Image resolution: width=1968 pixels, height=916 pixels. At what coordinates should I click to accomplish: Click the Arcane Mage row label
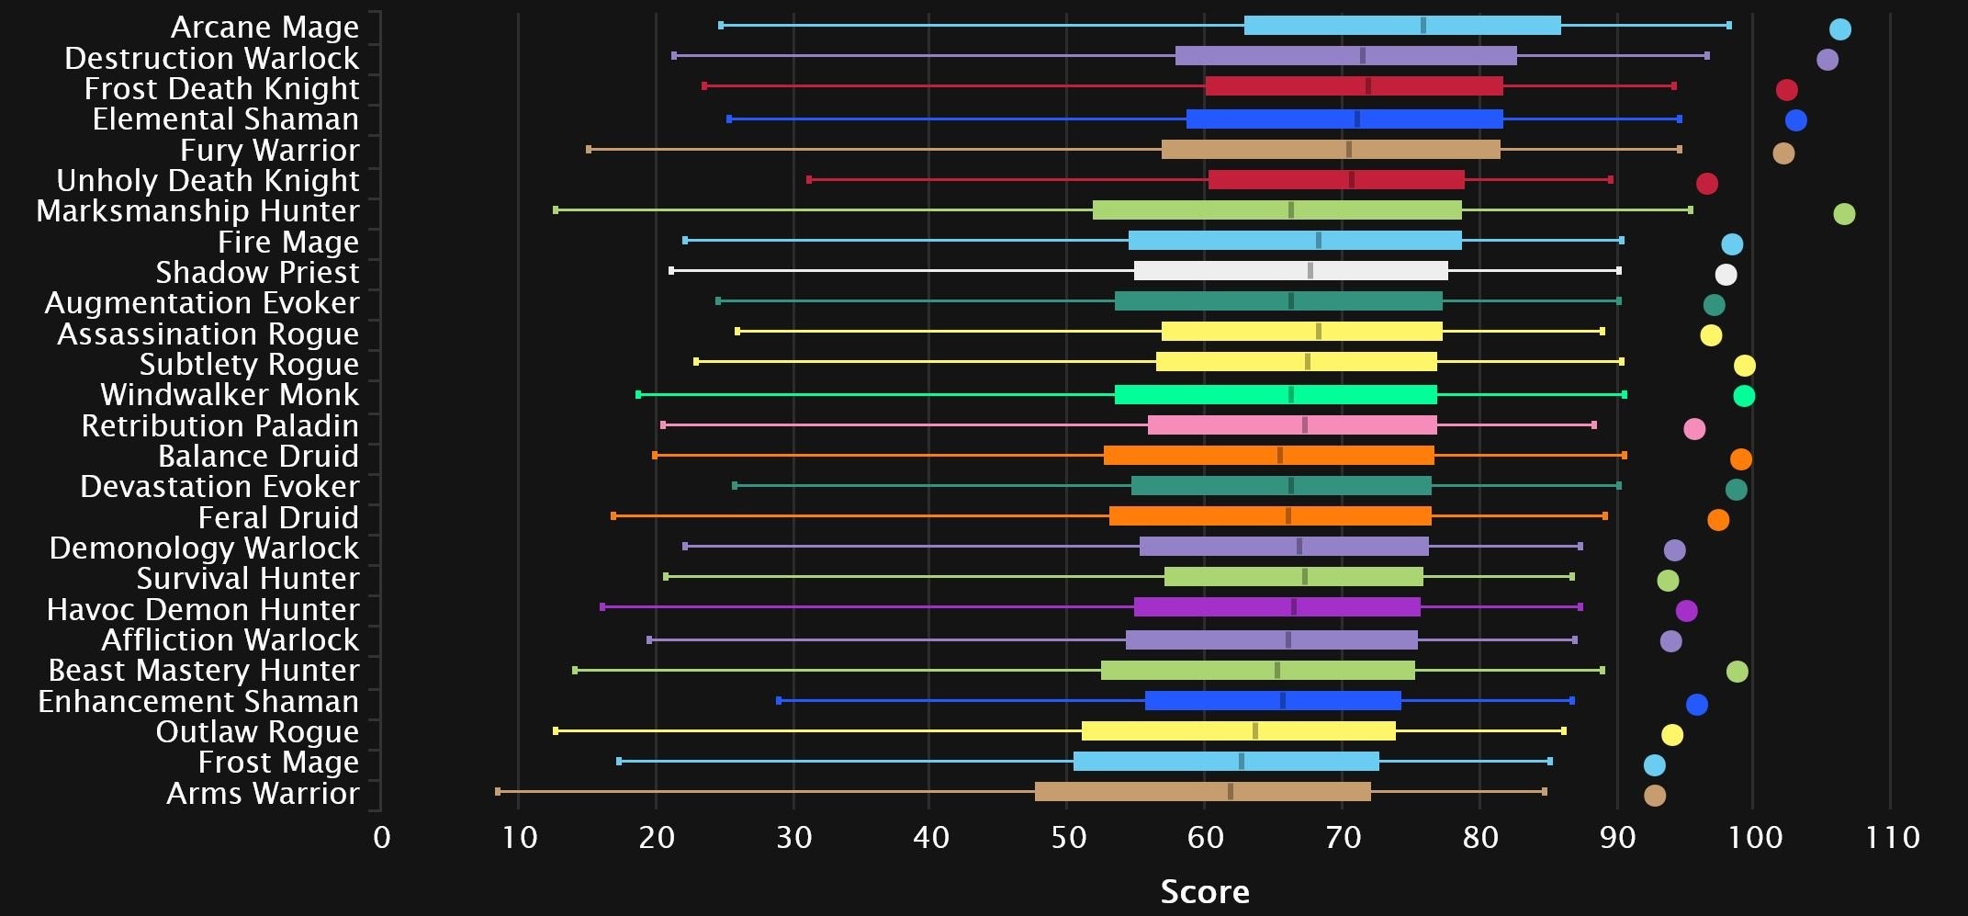click(x=264, y=28)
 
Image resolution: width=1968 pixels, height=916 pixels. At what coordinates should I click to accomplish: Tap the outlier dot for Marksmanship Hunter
click(x=1843, y=214)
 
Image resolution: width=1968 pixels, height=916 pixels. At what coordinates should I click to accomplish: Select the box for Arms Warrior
click(x=1202, y=792)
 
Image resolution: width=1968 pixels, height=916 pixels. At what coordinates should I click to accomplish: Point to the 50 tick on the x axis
click(x=1068, y=837)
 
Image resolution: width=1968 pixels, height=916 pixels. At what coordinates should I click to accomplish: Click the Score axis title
click(x=1204, y=891)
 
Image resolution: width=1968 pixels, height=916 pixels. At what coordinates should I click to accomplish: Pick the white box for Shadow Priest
click(x=1290, y=271)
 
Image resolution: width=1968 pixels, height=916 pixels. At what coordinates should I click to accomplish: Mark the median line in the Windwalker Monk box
click(x=1290, y=395)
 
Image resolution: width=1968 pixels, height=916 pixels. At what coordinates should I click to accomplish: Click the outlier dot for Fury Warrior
click(x=1782, y=153)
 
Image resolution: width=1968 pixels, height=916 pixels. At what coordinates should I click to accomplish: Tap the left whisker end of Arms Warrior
click(x=498, y=791)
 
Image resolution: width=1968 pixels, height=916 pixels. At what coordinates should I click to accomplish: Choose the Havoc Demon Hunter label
click(x=203, y=609)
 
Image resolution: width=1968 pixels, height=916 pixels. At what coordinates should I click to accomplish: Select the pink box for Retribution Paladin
click(x=1291, y=425)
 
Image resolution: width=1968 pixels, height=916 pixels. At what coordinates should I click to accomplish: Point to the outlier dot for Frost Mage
click(x=1654, y=765)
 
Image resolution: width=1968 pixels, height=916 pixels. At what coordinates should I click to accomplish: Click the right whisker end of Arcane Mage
click(x=1728, y=26)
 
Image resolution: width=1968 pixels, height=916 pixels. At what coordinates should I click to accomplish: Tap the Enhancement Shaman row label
click(x=198, y=701)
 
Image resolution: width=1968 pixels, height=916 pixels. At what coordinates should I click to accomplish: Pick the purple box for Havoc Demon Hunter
click(x=1276, y=607)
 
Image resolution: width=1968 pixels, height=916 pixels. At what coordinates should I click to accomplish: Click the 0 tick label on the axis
click(x=382, y=837)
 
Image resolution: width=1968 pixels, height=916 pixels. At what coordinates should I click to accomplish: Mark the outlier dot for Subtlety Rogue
click(x=1744, y=366)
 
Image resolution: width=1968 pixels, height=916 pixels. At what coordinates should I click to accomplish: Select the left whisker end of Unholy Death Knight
click(x=809, y=180)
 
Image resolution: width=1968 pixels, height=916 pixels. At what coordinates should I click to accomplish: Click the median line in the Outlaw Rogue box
click(x=1255, y=731)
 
